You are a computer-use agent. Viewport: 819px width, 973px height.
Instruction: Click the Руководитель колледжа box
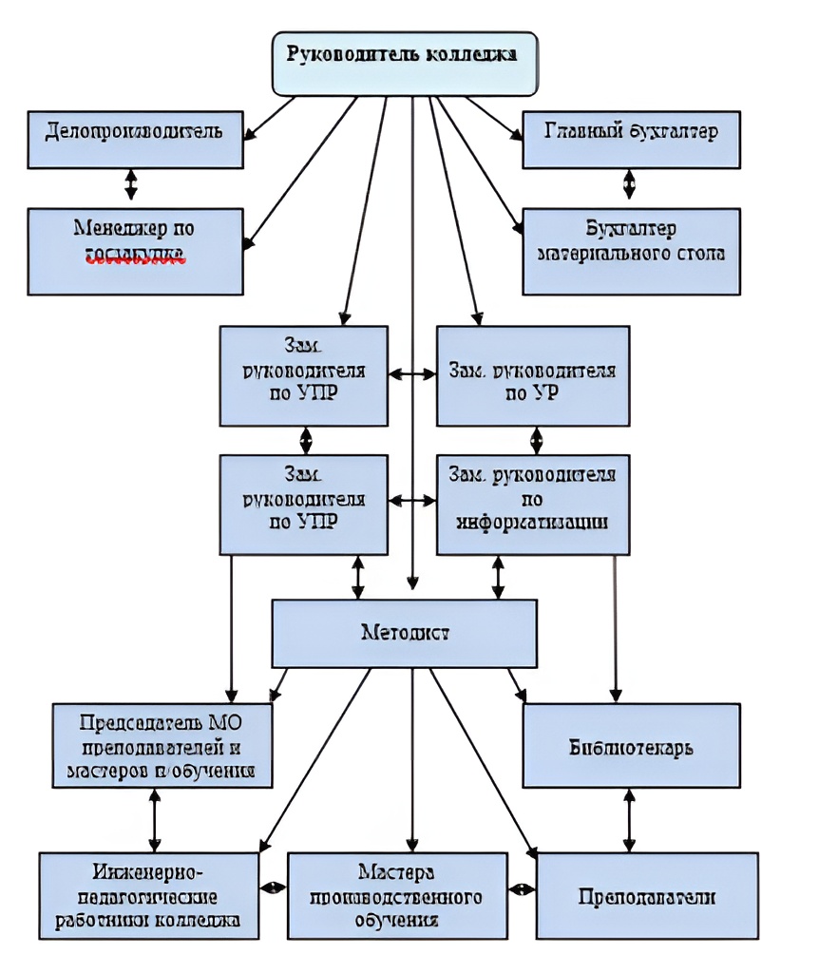tap(405, 63)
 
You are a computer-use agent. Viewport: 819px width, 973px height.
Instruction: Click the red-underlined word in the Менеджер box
tap(134, 255)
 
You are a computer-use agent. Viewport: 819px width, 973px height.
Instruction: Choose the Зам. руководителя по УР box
tap(532, 374)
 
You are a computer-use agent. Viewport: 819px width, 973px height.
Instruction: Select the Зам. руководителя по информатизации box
tap(532, 504)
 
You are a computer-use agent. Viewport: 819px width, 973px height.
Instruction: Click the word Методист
tap(405, 632)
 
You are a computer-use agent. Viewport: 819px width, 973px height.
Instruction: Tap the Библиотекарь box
tap(630, 746)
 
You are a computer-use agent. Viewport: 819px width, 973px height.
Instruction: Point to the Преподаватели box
tap(647, 896)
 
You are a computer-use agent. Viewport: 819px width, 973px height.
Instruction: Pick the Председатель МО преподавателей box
tap(162, 746)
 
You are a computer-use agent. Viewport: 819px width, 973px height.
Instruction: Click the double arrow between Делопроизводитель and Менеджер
tap(131, 184)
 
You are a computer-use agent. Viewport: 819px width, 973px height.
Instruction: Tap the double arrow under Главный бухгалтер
tap(628, 183)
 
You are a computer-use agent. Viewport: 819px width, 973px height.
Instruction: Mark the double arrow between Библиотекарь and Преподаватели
tap(628, 819)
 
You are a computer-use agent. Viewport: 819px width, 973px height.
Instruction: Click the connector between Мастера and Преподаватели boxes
tap(522, 889)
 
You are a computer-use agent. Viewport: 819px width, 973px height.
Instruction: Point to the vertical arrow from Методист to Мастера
tap(411, 760)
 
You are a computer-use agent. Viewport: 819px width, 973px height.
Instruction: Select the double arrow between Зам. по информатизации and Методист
tap(497, 577)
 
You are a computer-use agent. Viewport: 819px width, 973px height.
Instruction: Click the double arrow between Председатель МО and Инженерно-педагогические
tap(153, 819)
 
